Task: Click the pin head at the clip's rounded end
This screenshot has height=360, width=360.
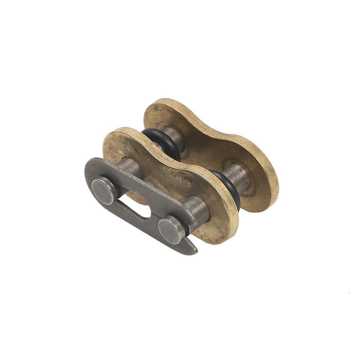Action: point(104,190)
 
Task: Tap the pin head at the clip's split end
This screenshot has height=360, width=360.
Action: point(171,229)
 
